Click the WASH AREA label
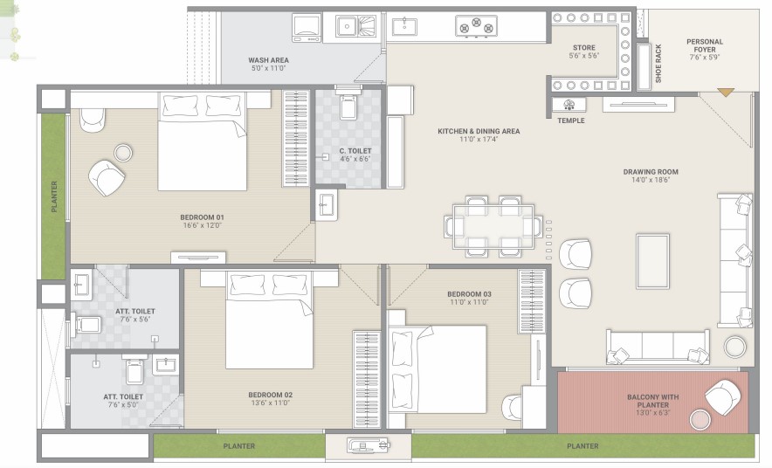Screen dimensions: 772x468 [x=268, y=60]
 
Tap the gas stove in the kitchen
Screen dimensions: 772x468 [x=476, y=26]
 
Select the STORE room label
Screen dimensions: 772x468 [x=584, y=48]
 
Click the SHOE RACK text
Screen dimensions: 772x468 [x=658, y=64]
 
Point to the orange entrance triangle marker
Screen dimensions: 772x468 [x=725, y=92]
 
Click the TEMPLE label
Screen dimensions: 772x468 [x=571, y=120]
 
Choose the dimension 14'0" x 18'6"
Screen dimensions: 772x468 [x=651, y=180]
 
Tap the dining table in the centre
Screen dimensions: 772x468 [x=493, y=227]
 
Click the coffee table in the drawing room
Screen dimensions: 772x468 [x=652, y=261]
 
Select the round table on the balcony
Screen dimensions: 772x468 [x=700, y=419]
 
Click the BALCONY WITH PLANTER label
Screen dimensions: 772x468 [x=653, y=401]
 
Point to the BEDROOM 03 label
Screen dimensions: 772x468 [x=469, y=294]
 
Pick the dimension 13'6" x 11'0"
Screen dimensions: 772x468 [x=271, y=403]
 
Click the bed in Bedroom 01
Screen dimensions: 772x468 [x=203, y=141]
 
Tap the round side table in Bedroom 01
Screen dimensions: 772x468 [x=123, y=153]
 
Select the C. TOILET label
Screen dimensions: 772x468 [x=355, y=151]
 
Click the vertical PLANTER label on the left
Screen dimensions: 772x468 [x=54, y=196]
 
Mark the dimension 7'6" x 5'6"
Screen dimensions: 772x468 [x=135, y=320]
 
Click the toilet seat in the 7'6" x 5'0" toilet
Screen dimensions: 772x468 [x=134, y=370]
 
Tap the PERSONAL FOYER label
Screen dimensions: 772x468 [x=705, y=45]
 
